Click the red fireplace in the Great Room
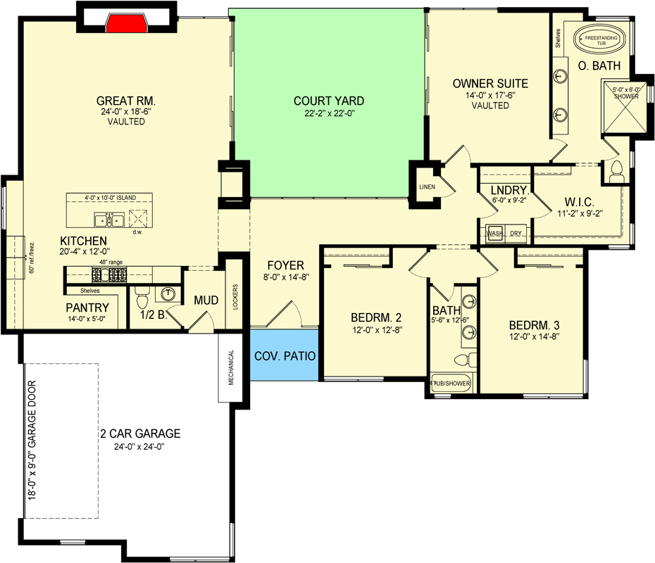tap(127, 23)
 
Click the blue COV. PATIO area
tap(285, 355)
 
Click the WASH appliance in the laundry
tap(494, 233)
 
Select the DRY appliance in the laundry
tap(516, 233)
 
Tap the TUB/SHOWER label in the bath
tap(451, 384)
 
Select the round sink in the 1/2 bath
tap(168, 293)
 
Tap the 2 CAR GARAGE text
tap(140, 434)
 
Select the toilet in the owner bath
tap(616, 170)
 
